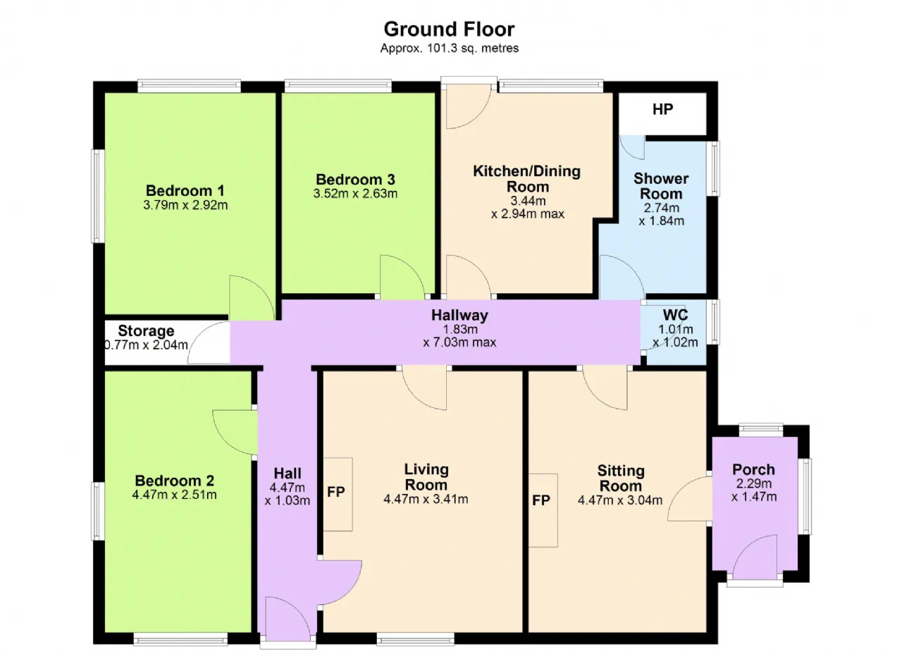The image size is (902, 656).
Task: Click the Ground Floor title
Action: point(449,30)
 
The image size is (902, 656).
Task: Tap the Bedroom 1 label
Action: point(185,190)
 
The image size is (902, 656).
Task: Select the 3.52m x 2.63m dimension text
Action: point(355,194)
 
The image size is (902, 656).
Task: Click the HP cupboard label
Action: point(662,109)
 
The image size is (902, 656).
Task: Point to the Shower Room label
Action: point(661,186)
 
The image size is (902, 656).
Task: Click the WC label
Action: point(675,314)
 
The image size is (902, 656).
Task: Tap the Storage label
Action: point(146,331)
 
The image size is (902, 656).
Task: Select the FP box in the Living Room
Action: point(338,494)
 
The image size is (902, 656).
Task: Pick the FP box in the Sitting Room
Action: point(543,510)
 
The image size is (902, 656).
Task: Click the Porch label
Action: point(754,469)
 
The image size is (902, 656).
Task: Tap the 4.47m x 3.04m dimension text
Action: point(620,500)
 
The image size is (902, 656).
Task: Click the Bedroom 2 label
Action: point(174,481)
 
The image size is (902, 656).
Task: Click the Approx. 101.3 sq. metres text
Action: point(450,49)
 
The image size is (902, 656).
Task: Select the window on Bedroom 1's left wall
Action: point(97,197)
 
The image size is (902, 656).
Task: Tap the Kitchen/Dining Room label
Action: point(527,179)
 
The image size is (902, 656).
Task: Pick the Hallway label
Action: point(459,315)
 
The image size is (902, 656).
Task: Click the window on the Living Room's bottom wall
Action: point(416,639)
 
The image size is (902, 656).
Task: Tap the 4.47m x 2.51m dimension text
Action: point(174,495)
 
